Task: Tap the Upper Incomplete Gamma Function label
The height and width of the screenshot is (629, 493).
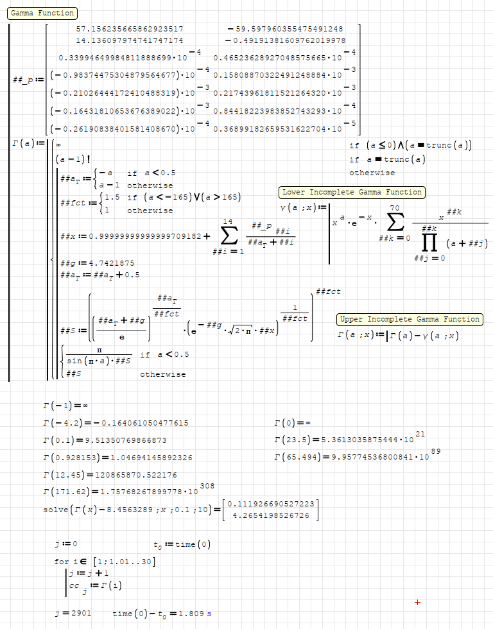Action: coord(410,319)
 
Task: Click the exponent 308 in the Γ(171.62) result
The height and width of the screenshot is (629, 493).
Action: coord(207,486)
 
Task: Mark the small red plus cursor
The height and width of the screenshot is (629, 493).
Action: coord(418,602)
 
